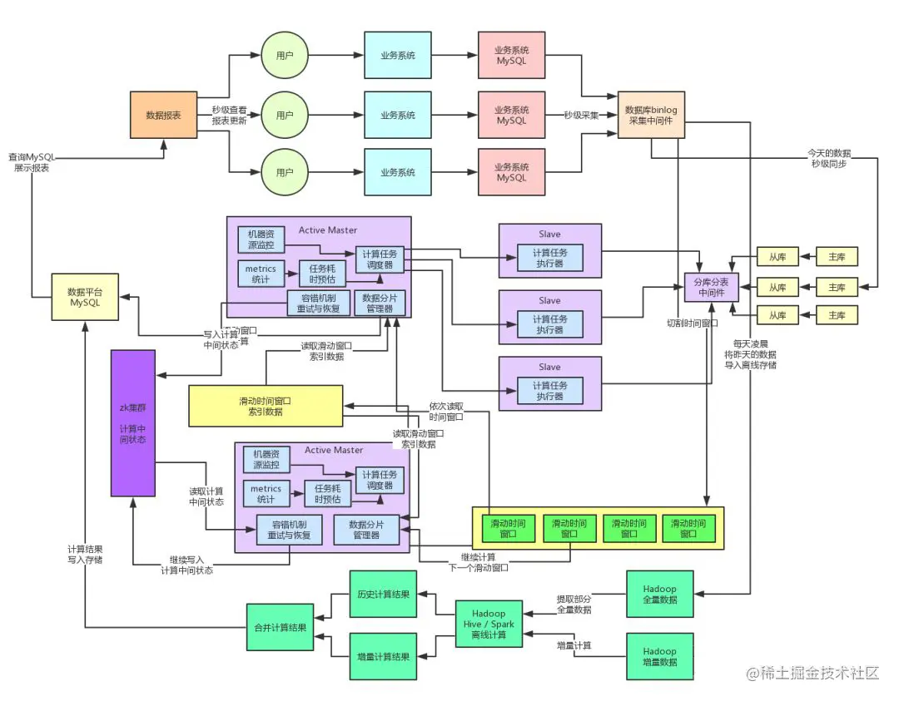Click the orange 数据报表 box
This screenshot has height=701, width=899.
click(164, 115)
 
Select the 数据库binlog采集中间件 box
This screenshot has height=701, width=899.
click(651, 115)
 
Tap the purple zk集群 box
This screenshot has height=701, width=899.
click(133, 422)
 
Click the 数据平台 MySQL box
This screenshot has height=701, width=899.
click(84, 297)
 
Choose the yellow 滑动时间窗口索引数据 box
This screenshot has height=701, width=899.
click(266, 405)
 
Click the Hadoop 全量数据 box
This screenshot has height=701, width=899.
click(659, 594)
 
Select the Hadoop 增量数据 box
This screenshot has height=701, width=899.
click(659, 656)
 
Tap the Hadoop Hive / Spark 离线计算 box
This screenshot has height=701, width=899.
click(489, 625)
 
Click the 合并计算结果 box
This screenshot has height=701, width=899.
click(280, 627)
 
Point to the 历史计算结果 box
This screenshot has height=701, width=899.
click(383, 594)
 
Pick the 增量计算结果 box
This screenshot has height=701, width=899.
click(383, 656)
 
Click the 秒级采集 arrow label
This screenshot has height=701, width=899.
click(581, 116)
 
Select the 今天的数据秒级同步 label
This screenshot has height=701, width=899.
click(830, 158)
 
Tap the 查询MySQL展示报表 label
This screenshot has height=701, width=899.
click(30, 162)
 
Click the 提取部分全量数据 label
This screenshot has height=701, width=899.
click(574, 604)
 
